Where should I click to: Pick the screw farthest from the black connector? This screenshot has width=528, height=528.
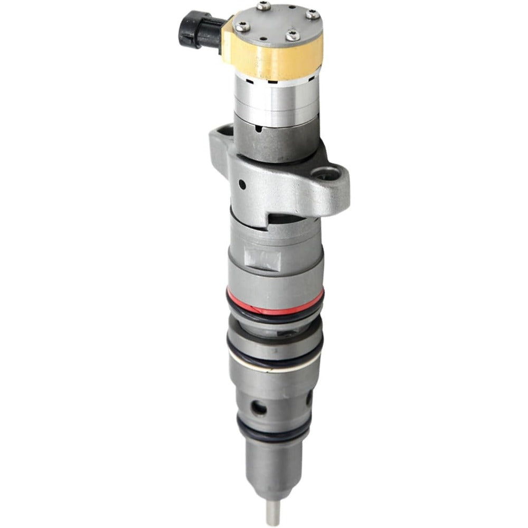tap(313, 15)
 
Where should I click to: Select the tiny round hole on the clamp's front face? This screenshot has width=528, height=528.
tap(242, 184)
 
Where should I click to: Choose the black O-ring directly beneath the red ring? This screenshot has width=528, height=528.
tap(275, 316)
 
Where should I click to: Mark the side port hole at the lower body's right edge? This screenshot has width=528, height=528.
tap(308, 398)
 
